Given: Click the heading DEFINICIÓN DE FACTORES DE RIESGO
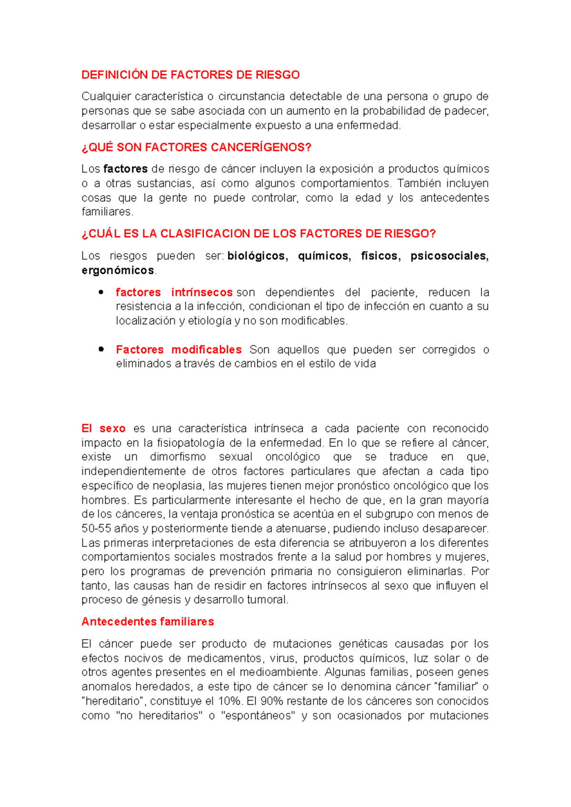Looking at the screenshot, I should coord(190,75).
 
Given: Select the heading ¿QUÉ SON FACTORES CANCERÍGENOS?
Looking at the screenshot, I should coord(196,147).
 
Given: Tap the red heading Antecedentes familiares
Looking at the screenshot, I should coord(148,622).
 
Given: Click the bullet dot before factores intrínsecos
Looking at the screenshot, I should coord(101,292).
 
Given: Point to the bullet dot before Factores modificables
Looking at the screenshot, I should coord(101,349).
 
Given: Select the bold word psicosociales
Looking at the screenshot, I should coord(449,256).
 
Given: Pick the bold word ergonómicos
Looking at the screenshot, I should coord(118,270).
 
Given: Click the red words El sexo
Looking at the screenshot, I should coord(103,429).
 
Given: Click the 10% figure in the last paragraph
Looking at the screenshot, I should coord(230,701).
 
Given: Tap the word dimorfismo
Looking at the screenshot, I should coord(177,457).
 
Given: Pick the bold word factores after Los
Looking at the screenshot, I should coord(126,169).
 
